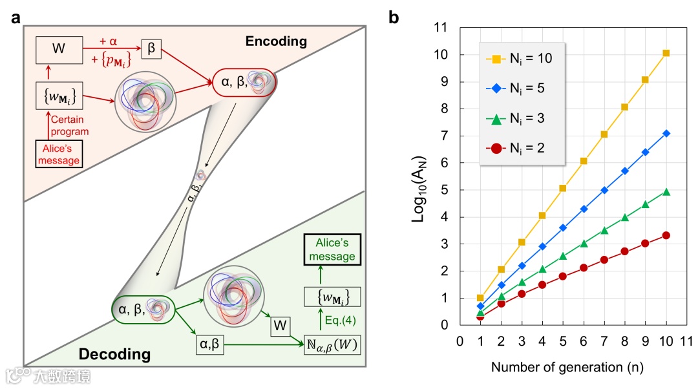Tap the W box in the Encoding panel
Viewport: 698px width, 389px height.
(x=59, y=48)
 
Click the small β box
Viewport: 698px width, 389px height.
(x=153, y=48)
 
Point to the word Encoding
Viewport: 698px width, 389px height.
(x=276, y=41)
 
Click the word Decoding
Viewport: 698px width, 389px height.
(x=114, y=354)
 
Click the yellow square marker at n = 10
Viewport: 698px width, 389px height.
(x=666, y=53)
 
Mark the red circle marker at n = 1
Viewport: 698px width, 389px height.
(x=480, y=317)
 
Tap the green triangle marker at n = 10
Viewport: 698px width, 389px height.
(x=666, y=192)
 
